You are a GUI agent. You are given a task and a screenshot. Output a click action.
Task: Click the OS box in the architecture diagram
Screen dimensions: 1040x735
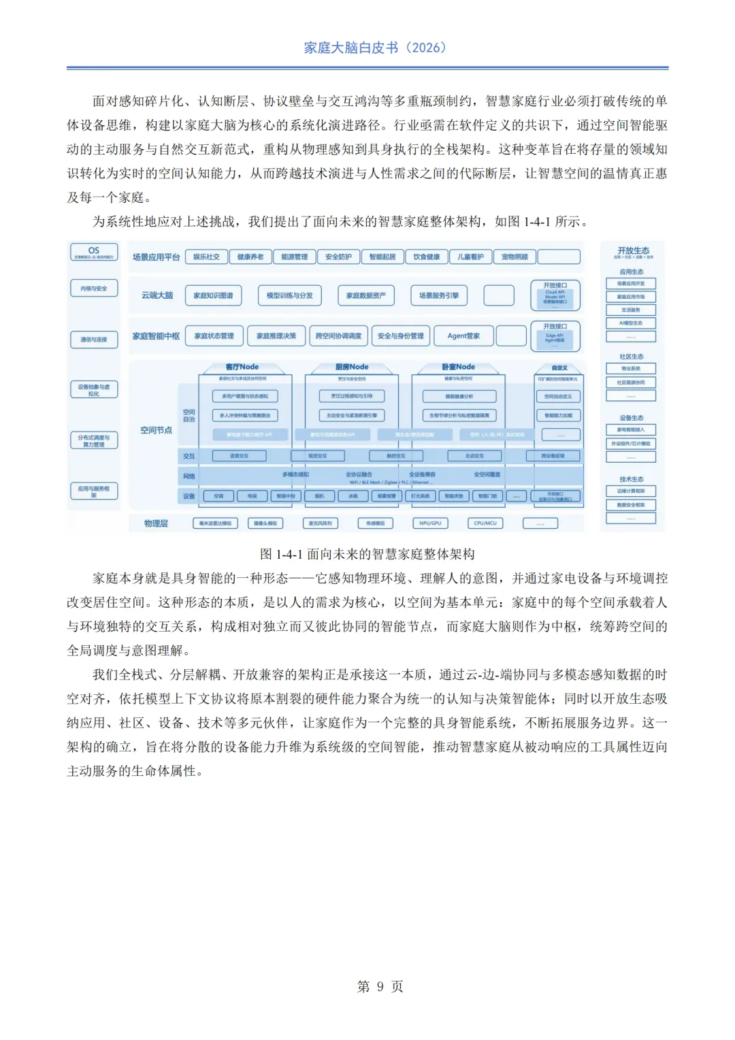tap(94, 252)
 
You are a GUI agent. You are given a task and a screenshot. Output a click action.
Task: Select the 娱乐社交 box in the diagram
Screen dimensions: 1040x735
tap(206, 257)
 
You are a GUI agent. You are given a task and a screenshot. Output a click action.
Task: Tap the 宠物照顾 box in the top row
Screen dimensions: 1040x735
tap(514, 257)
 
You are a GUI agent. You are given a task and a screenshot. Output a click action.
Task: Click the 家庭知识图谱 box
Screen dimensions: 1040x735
tap(213, 295)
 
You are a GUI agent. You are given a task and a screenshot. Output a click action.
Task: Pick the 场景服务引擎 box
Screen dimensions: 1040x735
tap(438, 295)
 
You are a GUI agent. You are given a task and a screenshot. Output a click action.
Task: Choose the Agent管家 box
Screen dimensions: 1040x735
tap(463, 336)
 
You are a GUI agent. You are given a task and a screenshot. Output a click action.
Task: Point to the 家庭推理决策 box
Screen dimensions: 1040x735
tap(276, 336)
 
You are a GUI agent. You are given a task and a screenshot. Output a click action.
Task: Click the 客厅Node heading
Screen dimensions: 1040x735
tap(242, 367)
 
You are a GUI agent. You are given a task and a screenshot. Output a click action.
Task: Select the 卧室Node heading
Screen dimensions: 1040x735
tap(458, 367)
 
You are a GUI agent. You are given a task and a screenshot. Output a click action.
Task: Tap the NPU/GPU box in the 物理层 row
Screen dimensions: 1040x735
tap(430, 523)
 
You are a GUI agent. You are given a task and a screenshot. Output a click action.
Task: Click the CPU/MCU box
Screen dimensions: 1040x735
tap(485, 523)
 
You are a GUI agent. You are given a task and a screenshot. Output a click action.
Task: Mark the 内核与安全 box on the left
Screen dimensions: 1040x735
tap(94, 289)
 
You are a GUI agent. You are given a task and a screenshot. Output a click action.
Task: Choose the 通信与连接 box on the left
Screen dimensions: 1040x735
tap(94, 339)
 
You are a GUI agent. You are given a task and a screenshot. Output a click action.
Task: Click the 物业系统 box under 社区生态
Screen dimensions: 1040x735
tap(631, 369)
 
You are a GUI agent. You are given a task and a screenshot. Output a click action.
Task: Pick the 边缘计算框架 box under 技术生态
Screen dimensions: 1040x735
tap(631, 491)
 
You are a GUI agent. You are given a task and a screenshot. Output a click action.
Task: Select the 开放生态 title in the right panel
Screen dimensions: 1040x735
tap(633, 250)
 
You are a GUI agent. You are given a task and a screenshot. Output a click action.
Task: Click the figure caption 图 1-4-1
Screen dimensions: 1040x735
tap(367, 554)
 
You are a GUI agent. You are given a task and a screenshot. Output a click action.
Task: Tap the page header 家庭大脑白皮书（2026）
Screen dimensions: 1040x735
tap(375, 48)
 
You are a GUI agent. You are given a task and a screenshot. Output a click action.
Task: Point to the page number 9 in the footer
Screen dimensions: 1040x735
tap(380, 986)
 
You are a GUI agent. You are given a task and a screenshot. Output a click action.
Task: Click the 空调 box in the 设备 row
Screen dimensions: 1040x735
tap(218, 496)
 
